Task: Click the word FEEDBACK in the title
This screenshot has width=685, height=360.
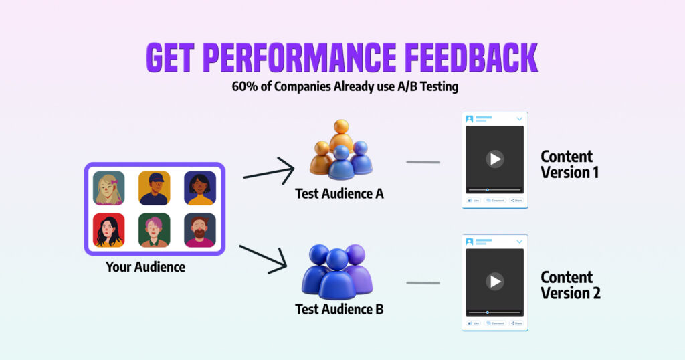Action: coord(471,58)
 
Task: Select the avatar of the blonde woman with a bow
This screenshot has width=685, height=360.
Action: coord(109,188)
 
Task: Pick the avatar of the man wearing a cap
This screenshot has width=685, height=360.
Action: coord(155,188)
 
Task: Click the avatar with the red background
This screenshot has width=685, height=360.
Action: coord(109,230)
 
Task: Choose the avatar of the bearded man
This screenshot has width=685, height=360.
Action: coord(200,230)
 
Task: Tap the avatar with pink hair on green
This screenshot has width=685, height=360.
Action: coord(155,230)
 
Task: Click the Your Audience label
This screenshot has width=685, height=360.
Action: coord(145,267)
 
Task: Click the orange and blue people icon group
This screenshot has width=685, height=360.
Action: coord(341,150)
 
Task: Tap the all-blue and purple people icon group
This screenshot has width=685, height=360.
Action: coord(337,272)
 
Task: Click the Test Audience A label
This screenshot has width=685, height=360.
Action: coord(339,193)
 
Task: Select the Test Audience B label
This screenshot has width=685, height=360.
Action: coord(339,309)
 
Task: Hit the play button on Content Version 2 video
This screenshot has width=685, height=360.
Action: coord(495,281)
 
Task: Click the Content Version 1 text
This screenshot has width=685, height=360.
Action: coord(570,164)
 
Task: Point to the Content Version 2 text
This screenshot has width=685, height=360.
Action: coord(571,285)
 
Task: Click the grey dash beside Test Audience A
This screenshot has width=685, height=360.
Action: coord(423,162)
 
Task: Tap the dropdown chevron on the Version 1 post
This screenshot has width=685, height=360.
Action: coord(519,119)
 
